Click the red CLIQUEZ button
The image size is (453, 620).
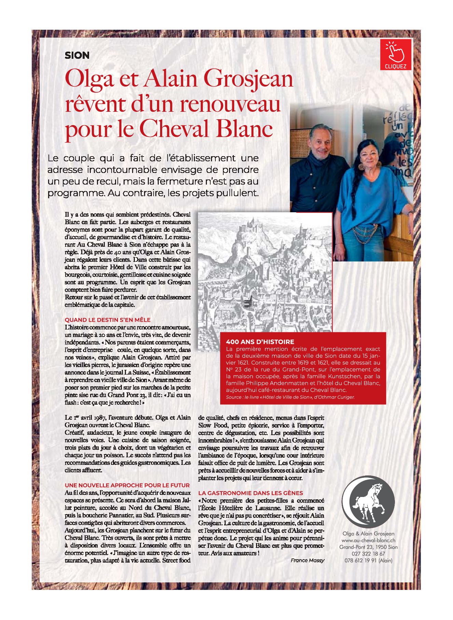click(395, 55)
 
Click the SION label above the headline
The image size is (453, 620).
click(77, 55)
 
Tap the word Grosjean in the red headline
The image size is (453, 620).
click(248, 79)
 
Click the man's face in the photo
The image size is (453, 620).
click(321, 141)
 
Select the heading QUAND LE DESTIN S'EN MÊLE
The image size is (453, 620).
click(108, 320)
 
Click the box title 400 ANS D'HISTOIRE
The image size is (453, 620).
click(260, 342)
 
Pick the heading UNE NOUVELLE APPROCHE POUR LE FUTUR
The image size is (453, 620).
click(127, 485)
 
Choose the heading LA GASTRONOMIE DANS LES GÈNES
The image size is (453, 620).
click(251, 493)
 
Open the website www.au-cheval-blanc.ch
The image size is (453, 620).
click(368, 540)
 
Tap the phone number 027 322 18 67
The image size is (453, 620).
click(368, 554)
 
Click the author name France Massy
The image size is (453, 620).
click(307, 560)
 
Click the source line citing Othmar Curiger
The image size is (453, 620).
click(290, 397)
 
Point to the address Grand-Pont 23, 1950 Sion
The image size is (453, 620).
click(368, 547)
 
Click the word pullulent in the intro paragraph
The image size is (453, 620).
click(236, 193)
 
